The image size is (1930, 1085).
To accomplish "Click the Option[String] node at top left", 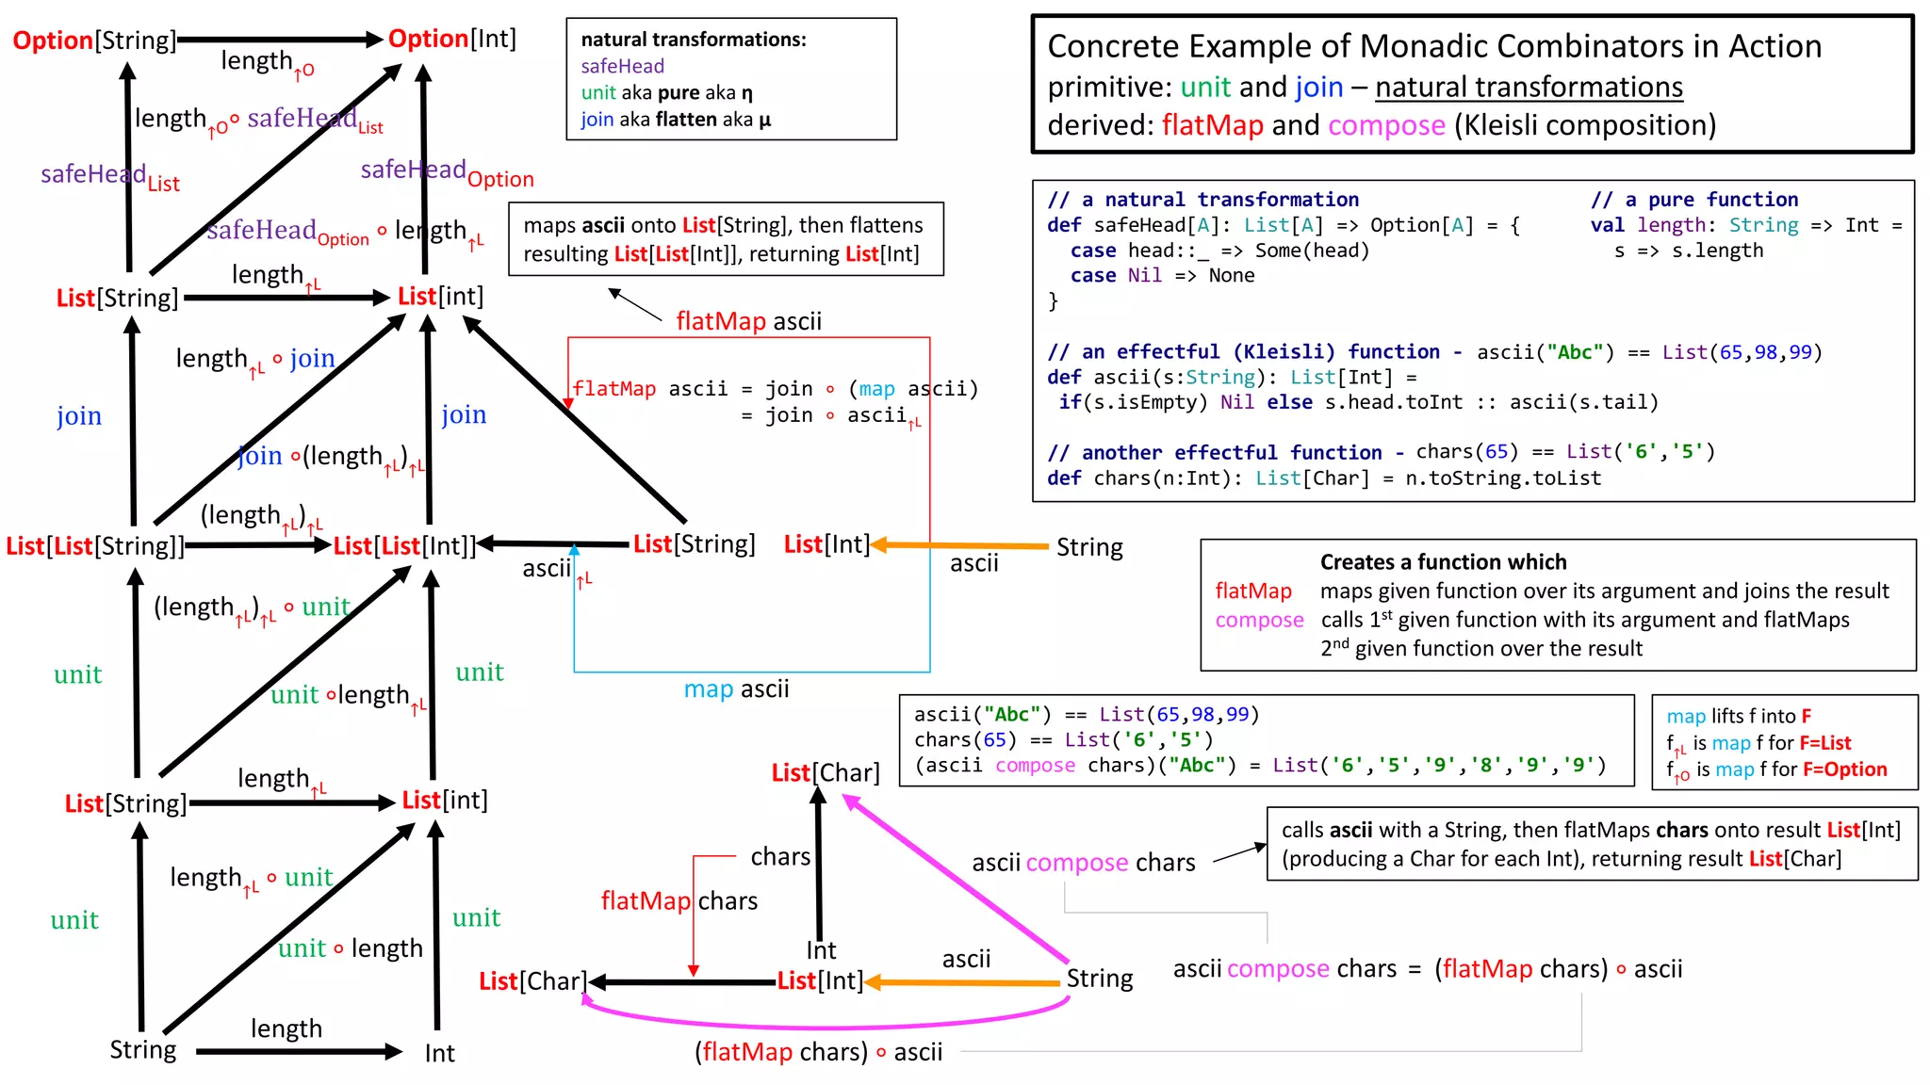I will (94, 40).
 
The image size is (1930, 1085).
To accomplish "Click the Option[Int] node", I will (452, 39).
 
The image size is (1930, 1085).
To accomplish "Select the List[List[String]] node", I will (94, 546).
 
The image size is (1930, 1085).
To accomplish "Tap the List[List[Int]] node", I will (405, 546).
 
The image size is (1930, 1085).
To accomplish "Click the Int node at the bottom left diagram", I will (439, 1053).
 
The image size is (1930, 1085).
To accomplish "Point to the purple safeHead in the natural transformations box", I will (622, 66).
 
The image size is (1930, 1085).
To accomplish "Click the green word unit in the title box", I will (1205, 87).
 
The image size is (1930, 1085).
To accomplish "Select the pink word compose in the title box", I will (1386, 125).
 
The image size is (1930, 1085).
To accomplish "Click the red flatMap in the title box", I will (1212, 125).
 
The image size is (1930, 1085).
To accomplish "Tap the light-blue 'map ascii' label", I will (736, 689).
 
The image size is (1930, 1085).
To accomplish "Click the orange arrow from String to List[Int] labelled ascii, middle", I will (961, 545).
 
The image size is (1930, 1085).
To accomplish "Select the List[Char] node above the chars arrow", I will (826, 773).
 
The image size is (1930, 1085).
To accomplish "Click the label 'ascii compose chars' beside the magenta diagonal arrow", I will (1083, 863).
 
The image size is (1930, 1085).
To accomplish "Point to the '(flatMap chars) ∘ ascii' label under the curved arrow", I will (818, 1052).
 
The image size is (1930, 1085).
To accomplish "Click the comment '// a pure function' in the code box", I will (1694, 200).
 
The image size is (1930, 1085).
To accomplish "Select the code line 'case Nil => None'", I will (1162, 276).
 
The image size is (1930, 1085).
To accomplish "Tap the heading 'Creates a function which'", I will (1443, 562).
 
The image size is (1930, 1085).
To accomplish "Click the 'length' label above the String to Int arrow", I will (286, 1028).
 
